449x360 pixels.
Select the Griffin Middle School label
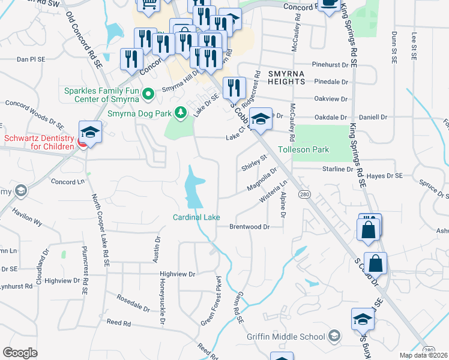click(x=286, y=336)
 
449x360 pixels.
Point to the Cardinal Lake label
click(x=196, y=217)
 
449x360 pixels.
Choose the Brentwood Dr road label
click(x=248, y=227)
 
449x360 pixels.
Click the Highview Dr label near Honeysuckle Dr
click(x=178, y=274)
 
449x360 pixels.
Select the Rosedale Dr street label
click(x=133, y=303)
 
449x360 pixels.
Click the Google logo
click(x=20, y=353)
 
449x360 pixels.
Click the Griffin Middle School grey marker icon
click(x=335, y=336)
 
